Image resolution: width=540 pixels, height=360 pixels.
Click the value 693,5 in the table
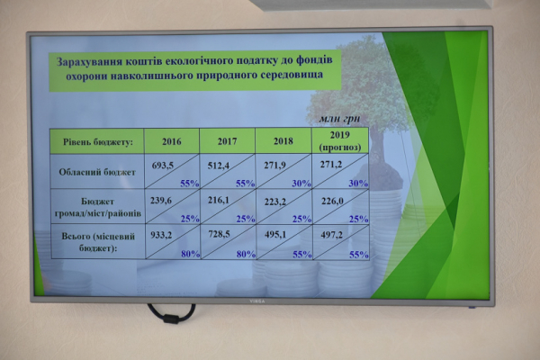(163, 166)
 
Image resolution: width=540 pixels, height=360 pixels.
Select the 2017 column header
(228, 141)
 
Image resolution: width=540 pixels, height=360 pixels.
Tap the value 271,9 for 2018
(274, 166)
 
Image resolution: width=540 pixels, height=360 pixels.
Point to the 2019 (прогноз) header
(340, 141)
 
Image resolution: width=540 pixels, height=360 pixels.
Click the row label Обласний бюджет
(97, 172)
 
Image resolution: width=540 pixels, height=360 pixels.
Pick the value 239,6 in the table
(161, 200)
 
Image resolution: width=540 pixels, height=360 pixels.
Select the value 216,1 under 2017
(218, 200)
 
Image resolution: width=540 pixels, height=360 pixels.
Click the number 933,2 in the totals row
(161, 235)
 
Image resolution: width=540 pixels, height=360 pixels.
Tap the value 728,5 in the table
(219, 234)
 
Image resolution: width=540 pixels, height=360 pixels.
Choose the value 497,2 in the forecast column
(331, 235)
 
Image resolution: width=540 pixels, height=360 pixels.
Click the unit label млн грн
(339, 119)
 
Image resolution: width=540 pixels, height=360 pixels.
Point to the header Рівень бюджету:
(98, 142)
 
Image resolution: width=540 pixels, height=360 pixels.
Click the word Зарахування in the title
(89, 62)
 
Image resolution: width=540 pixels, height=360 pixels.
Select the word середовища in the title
(292, 75)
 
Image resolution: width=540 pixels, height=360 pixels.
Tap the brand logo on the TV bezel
(256, 301)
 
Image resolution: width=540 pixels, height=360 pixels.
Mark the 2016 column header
(172, 142)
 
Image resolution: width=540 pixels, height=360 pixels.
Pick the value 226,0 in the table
(332, 201)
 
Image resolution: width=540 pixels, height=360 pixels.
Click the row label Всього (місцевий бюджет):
(98, 242)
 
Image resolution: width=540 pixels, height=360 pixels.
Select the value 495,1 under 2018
(275, 235)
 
